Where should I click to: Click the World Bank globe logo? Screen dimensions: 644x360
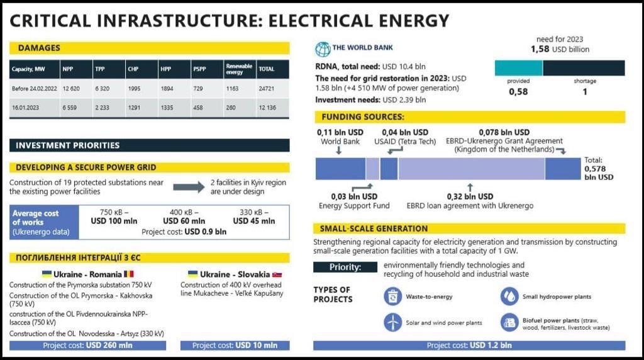coord(323,49)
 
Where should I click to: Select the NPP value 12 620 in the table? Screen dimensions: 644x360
coord(71,88)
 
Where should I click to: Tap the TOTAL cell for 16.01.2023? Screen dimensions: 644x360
coord(267,108)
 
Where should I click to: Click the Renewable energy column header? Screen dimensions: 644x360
coord(238,69)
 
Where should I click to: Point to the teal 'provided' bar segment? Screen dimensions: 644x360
coord(518,68)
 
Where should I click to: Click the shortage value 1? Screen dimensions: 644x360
coord(585,92)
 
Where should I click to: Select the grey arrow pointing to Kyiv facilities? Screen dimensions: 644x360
coord(189,187)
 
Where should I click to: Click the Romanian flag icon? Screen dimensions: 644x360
coord(129,274)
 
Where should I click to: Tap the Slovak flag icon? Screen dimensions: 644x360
coord(277,274)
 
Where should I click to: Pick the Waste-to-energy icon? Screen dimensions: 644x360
coord(392,296)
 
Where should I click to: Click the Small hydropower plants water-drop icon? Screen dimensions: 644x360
coord(509,296)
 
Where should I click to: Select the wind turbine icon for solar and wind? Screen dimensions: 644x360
coord(392,322)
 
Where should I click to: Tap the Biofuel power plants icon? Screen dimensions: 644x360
coord(509,323)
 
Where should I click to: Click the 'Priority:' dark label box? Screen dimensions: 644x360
coord(345,267)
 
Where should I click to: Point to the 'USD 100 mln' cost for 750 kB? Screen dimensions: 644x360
coord(114,221)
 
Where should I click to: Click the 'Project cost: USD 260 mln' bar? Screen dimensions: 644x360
coord(87,346)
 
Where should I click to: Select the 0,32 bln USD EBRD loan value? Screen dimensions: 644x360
coord(470,196)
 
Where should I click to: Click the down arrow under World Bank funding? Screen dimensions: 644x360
coord(338,151)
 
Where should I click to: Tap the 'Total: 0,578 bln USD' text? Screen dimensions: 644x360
coord(599,169)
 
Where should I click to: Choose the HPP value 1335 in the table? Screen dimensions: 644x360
coord(167,108)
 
